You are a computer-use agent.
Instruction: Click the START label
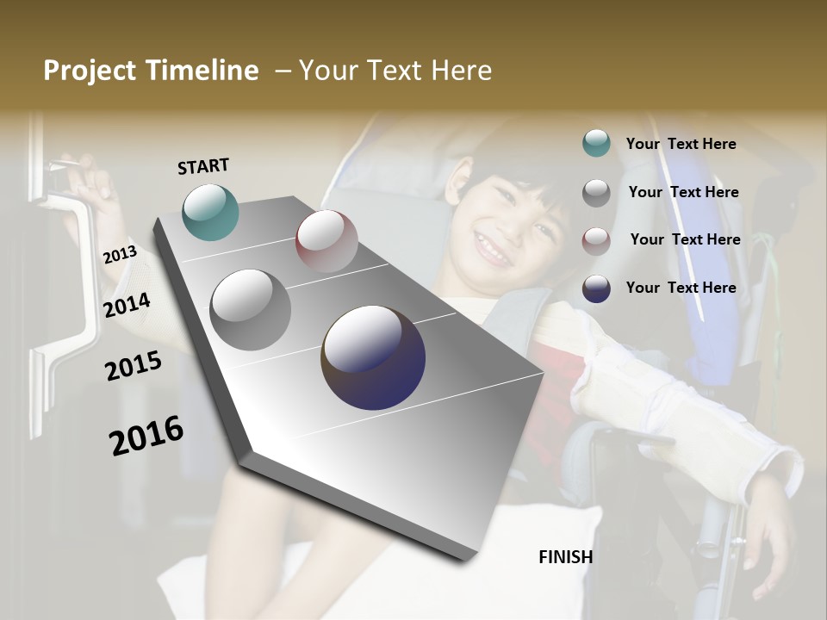pyautogui.click(x=203, y=166)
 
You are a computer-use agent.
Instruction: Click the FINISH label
pyautogui.click(x=565, y=557)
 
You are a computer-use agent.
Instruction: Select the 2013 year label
pyautogui.click(x=120, y=255)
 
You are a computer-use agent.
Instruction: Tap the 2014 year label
pyautogui.click(x=127, y=305)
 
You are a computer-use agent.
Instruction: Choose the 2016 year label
pyautogui.click(x=146, y=436)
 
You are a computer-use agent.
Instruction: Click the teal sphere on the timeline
pyautogui.click(x=210, y=212)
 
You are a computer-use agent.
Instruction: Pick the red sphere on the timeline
pyautogui.click(x=326, y=241)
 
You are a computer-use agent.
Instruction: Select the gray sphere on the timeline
pyautogui.click(x=251, y=310)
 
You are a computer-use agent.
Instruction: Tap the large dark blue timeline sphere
pyautogui.click(x=373, y=357)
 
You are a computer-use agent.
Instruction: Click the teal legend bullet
pyautogui.click(x=596, y=144)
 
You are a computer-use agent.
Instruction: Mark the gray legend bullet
pyautogui.click(x=596, y=193)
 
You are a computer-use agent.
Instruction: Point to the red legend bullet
pyautogui.click(x=596, y=240)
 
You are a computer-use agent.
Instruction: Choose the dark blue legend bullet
pyautogui.click(x=596, y=288)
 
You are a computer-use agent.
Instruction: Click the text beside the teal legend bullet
pyautogui.click(x=681, y=145)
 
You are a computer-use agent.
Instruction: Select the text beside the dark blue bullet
pyautogui.click(x=681, y=288)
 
